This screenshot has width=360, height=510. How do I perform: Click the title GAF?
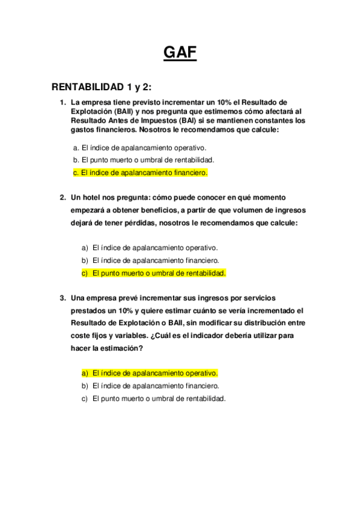pyautogui.click(x=180, y=54)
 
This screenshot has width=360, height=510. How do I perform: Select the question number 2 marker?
pyautogui.click(x=63, y=197)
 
